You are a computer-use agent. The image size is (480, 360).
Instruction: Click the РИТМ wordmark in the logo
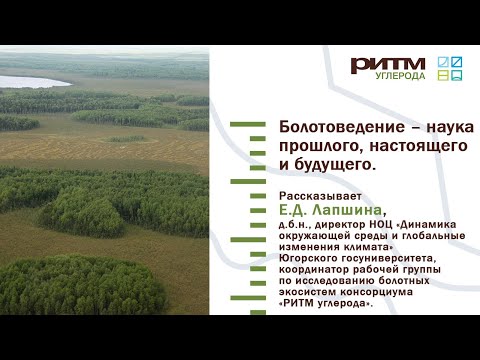388,64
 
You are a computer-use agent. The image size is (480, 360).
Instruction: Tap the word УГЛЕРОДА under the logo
400,76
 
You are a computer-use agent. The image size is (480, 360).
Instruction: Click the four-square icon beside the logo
451,67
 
